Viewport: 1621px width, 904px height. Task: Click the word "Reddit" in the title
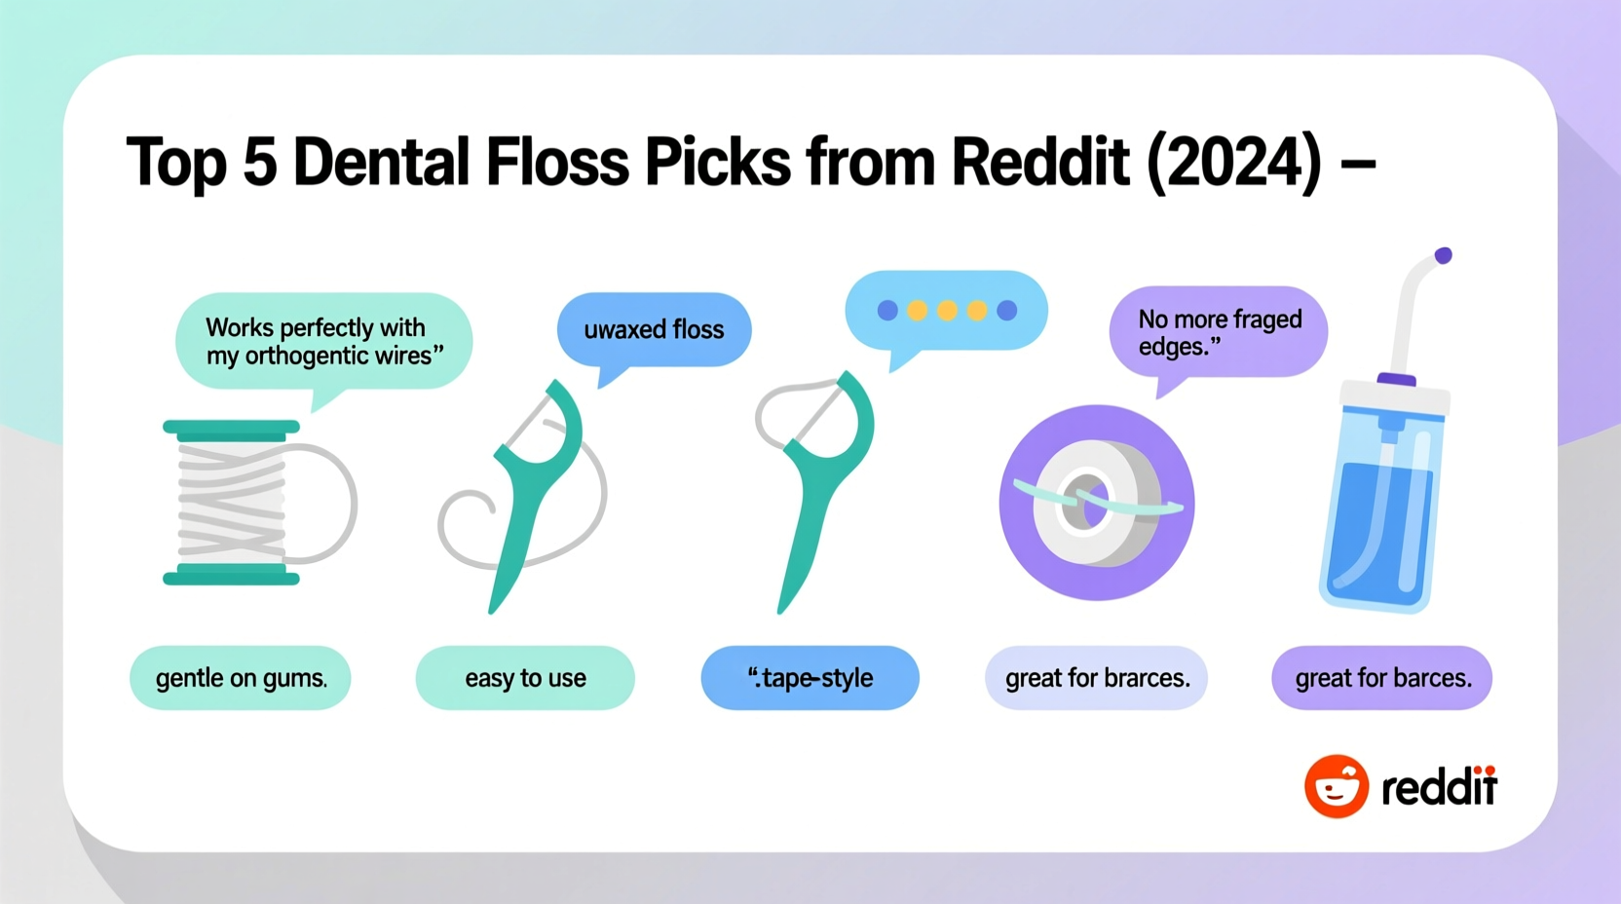pyautogui.click(x=1038, y=162)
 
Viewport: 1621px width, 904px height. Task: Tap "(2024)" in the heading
pyautogui.click(x=1233, y=162)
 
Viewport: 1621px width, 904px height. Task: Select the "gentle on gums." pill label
pyautogui.click(x=241, y=678)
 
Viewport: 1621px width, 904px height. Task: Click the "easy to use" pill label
pyautogui.click(x=525, y=678)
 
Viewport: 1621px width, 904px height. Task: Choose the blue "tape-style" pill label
pyautogui.click(x=810, y=678)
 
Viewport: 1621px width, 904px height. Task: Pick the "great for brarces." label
pyautogui.click(x=1097, y=678)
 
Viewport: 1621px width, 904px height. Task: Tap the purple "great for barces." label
pyautogui.click(x=1382, y=678)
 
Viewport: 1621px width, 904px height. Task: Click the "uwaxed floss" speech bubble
pyautogui.click(x=654, y=329)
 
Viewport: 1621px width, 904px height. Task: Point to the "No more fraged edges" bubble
pyautogui.click(x=1219, y=332)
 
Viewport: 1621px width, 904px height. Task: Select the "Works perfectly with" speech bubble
pyautogui.click(x=323, y=341)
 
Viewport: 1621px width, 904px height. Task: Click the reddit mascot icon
pyautogui.click(x=1337, y=786)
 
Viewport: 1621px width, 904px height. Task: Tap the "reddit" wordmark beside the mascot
pyautogui.click(x=1439, y=787)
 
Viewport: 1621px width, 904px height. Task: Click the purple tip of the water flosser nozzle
pyautogui.click(x=1443, y=255)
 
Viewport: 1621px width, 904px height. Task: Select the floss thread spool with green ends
pyautogui.click(x=232, y=503)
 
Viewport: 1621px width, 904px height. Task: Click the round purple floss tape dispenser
pyautogui.click(x=1097, y=503)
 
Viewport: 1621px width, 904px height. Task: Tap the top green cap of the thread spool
pyautogui.click(x=231, y=427)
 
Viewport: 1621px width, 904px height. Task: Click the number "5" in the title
pyautogui.click(x=259, y=162)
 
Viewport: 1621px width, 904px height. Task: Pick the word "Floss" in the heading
pyautogui.click(x=557, y=162)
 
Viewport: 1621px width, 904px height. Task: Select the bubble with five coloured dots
pyautogui.click(x=947, y=311)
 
